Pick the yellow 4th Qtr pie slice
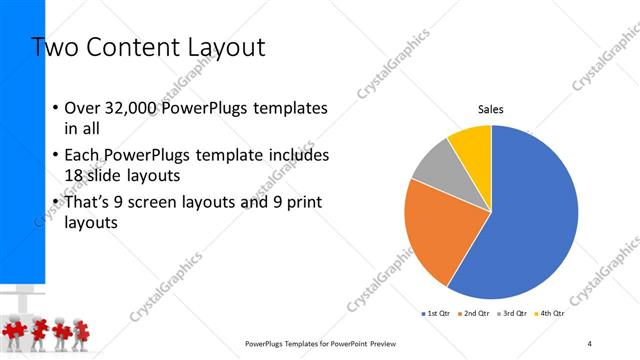(x=471, y=143)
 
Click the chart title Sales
(x=490, y=110)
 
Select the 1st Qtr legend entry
(x=439, y=314)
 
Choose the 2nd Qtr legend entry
(x=475, y=314)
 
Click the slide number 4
(x=590, y=343)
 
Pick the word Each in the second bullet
(x=83, y=157)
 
